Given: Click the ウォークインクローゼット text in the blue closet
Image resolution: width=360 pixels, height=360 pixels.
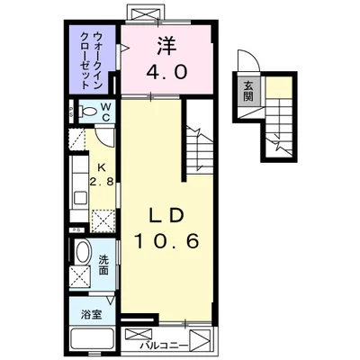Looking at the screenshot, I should click(93, 58).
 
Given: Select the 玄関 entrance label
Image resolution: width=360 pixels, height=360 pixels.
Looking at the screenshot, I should click(247, 91).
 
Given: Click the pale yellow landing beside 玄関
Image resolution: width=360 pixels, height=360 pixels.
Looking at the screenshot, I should click(280, 89).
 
